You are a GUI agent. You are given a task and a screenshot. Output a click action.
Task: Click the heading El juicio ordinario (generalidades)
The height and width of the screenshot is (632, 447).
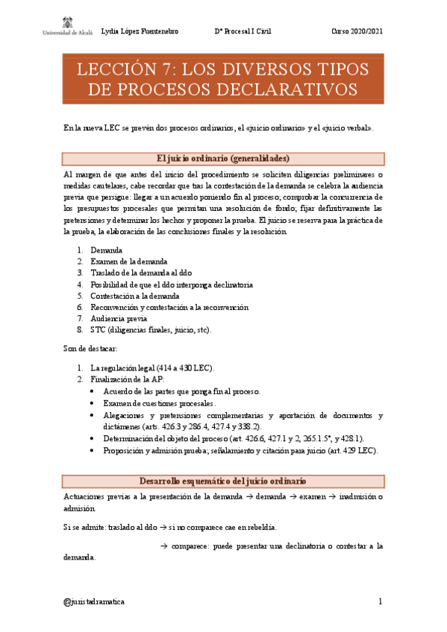[223, 159]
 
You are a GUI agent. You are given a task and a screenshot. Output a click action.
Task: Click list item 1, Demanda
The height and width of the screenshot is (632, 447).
[107, 250]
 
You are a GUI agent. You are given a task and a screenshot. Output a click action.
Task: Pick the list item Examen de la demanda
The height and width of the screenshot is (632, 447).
[128, 262]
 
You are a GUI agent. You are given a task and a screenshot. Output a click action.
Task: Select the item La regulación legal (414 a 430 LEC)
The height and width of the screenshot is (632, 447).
[152, 368]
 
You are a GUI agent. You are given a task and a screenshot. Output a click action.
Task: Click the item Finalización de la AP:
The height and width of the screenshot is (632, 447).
[122, 379]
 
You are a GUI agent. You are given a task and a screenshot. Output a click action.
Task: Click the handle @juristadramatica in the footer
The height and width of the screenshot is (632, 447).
[95, 601]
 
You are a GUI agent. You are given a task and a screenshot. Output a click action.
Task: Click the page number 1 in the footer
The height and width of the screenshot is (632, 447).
[381, 601]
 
